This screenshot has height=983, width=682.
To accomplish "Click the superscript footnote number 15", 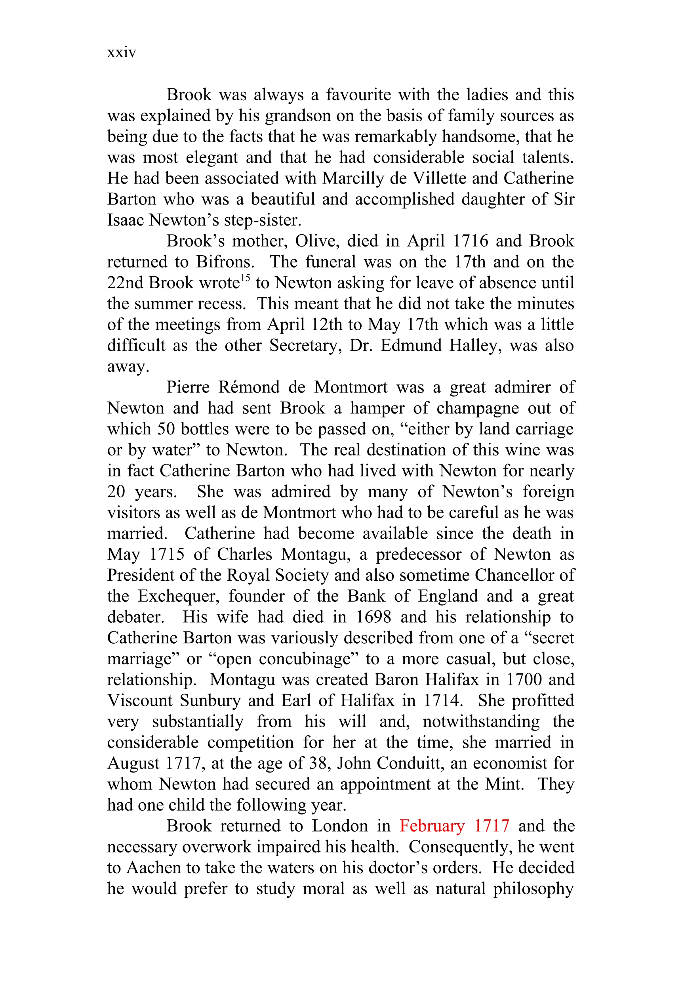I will coord(245,278).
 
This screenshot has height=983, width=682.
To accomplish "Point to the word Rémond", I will coord(249,387).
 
